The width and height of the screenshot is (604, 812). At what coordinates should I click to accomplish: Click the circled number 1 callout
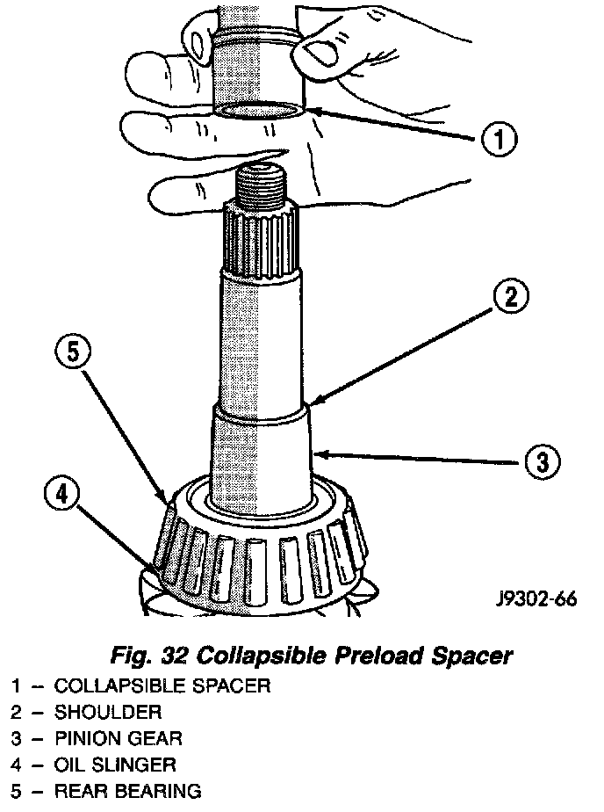498,139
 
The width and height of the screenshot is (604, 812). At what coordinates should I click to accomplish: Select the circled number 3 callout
542,460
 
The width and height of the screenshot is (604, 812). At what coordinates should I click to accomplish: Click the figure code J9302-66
535,600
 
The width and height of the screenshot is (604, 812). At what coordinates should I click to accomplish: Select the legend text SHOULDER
107,712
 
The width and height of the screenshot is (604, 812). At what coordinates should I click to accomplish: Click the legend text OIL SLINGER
115,765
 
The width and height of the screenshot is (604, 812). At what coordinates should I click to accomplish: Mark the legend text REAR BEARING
126,791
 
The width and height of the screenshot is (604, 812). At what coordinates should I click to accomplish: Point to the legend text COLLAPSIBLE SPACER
162,685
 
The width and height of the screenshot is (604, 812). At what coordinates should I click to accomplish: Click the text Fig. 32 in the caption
150,656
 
